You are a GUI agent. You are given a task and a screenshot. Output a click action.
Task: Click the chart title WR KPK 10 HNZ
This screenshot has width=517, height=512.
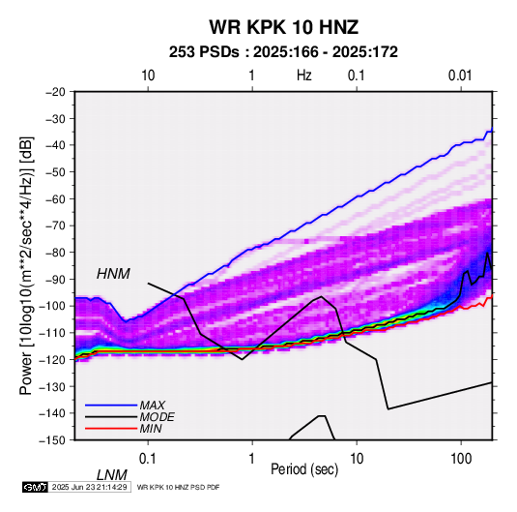(283, 27)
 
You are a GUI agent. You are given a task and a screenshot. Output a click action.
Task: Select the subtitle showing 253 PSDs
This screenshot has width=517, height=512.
(283, 52)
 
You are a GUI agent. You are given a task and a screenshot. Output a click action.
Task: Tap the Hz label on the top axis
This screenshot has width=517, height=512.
(304, 75)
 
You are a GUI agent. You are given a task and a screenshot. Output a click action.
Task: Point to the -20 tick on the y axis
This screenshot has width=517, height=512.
(55, 92)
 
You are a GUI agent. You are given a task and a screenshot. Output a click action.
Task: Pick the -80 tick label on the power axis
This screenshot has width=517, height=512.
(55, 253)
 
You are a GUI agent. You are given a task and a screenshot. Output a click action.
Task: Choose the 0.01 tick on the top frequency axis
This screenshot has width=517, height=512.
(460, 75)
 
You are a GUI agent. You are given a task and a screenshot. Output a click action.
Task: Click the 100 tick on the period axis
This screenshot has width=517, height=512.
(461, 459)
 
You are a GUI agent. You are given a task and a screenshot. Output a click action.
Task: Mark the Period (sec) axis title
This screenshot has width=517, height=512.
(304, 469)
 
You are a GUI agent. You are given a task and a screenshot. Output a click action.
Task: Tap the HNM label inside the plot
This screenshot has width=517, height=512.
(113, 274)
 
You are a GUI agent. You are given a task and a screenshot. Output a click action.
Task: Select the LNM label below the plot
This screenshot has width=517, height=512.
(112, 475)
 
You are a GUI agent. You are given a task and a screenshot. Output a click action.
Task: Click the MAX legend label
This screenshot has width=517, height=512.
(152, 406)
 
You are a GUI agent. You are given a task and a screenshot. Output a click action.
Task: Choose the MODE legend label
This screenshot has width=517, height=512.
(157, 417)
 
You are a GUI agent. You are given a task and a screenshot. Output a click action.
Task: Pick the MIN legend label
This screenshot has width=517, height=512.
(151, 429)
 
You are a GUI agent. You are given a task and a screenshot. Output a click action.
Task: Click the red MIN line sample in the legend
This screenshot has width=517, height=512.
(111, 429)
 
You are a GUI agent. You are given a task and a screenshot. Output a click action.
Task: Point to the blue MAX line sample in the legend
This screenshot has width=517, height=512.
(111, 406)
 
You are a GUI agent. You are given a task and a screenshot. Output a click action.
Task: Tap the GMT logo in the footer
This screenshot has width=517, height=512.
(36, 487)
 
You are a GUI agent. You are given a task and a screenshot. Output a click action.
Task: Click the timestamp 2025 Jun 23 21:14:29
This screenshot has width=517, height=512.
(89, 487)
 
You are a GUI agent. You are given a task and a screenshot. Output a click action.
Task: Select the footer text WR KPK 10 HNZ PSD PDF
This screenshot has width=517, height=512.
(178, 487)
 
